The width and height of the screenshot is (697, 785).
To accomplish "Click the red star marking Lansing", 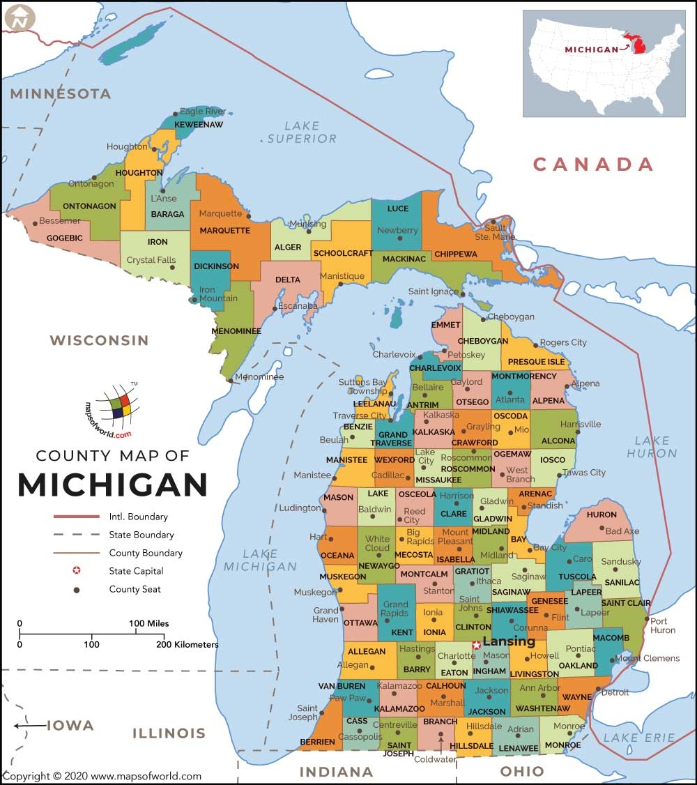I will point(477,645).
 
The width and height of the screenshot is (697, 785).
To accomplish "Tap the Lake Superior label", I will point(302,132).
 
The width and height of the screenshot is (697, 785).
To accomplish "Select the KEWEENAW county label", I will point(198,124).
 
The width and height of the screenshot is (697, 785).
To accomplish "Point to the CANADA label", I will point(593,165).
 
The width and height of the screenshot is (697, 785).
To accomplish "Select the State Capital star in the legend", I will point(77,571).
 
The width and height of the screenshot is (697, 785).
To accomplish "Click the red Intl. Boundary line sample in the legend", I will point(77,517).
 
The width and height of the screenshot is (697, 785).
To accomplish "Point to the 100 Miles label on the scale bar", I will point(148,623).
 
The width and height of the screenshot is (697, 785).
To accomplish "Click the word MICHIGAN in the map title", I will point(113,485).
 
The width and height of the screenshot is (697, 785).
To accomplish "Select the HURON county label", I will point(602,515).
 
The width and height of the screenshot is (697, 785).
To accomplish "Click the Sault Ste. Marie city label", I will point(495,232).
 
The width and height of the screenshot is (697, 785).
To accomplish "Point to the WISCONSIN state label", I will point(99,340).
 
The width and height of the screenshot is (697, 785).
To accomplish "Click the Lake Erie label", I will point(638,738).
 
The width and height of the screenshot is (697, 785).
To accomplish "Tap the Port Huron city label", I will point(662,625).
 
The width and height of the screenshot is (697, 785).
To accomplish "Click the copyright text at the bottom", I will point(102,776).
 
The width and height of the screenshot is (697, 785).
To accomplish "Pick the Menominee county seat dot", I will point(230,380).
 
